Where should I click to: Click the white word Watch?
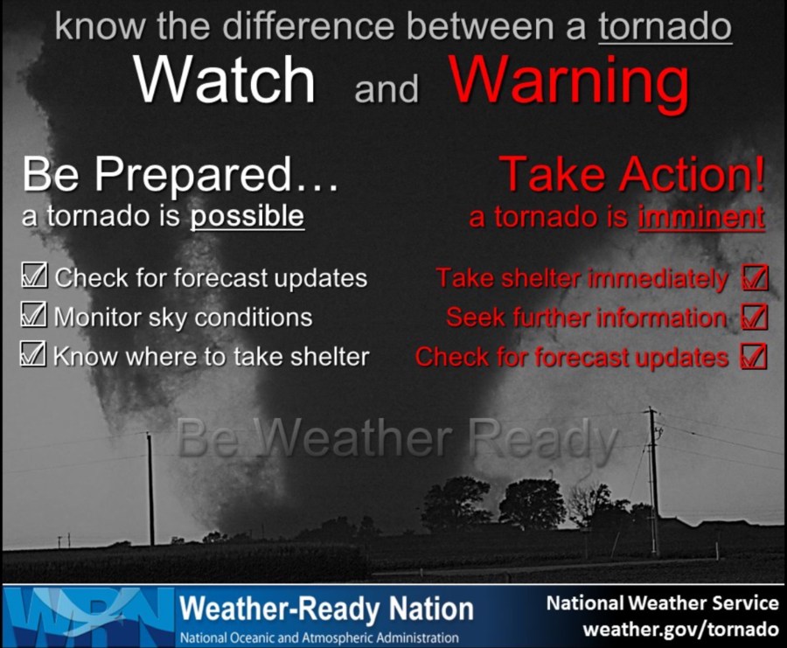[x=225, y=80]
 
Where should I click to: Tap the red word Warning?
[x=569, y=83]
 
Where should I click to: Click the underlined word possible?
[x=247, y=216]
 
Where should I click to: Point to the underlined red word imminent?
[x=701, y=218]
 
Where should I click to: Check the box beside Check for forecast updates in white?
[x=35, y=275]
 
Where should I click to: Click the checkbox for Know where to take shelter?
[x=33, y=353]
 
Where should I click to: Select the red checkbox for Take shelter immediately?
[x=755, y=277]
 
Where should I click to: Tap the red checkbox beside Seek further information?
[x=755, y=317]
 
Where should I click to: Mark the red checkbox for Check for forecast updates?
[x=754, y=357]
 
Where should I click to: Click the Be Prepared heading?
[x=180, y=174]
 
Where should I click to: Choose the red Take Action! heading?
[x=632, y=174]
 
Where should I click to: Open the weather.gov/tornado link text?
[x=680, y=629]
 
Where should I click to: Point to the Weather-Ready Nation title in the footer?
[x=327, y=609]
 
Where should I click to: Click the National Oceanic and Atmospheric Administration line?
[x=319, y=638]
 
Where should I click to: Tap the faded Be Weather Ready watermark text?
[x=397, y=438]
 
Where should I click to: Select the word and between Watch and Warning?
[x=387, y=89]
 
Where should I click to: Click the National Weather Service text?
[x=663, y=603]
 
